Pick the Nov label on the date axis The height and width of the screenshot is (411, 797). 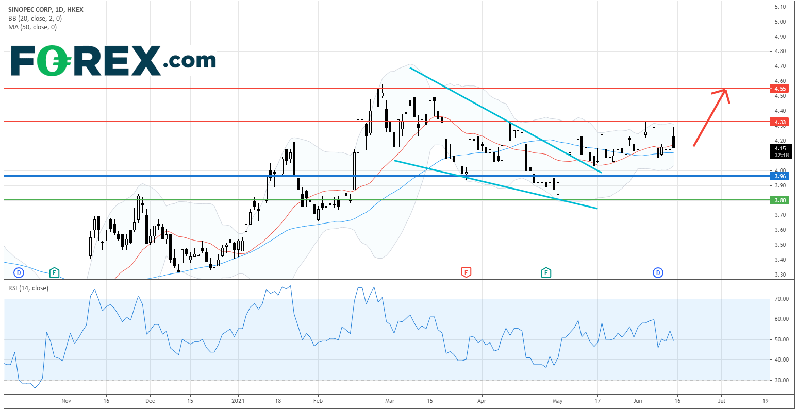pos(65,400)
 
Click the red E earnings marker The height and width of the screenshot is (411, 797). pos(466,272)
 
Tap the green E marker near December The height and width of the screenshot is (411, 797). pos(54,272)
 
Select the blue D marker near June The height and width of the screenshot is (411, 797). pos(658,272)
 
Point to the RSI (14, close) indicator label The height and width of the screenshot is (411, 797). pos(29,288)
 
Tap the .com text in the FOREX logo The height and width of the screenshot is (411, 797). pos(189,61)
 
